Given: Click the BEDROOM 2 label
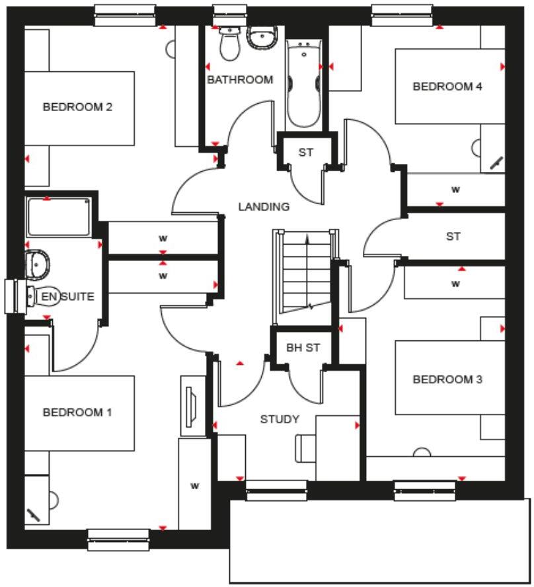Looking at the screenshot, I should pyautogui.click(x=77, y=107).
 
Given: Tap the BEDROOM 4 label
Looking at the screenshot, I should pyautogui.click(x=443, y=87).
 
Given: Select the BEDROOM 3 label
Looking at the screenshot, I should pyautogui.click(x=447, y=379).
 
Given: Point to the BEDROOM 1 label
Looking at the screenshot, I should pyautogui.click(x=77, y=412).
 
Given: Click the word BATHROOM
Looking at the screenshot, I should pyautogui.click(x=240, y=80).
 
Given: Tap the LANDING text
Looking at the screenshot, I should pyautogui.click(x=264, y=207).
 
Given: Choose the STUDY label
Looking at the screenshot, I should pyautogui.click(x=280, y=419).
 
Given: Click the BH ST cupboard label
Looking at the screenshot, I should pyautogui.click(x=303, y=348).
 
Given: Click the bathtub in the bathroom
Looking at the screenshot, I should pyautogui.click(x=303, y=83).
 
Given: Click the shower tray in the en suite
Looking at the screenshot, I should pyautogui.click(x=58, y=217).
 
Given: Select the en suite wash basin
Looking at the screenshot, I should pyautogui.click(x=37, y=263).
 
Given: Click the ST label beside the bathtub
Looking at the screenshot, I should pyautogui.click(x=305, y=153).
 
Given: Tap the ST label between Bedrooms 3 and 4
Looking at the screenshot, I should pyautogui.click(x=453, y=237).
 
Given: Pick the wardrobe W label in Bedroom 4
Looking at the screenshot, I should pyautogui.click(x=455, y=190).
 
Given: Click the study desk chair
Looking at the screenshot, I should pyautogui.click(x=303, y=450).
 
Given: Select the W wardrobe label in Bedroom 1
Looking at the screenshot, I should pyautogui.click(x=194, y=486).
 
